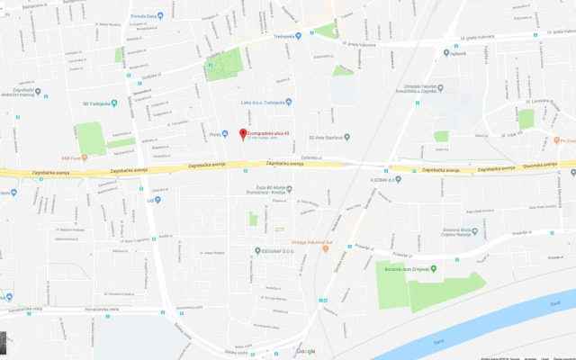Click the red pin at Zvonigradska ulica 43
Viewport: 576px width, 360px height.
click(242, 135)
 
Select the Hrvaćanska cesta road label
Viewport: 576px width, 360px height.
click(27, 310)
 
